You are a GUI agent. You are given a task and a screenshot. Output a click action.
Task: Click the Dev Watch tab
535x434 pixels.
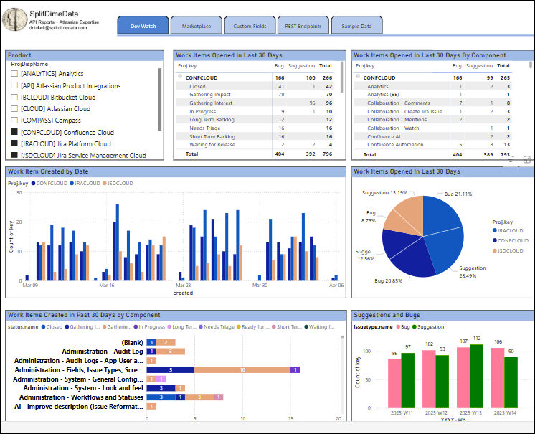tap(143, 26)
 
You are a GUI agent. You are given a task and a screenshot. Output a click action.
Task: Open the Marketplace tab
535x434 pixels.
tap(197, 26)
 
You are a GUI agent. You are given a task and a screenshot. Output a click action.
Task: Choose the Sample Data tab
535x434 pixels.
tap(356, 26)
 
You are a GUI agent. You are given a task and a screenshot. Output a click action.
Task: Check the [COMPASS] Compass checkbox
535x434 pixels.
tap(14, 121)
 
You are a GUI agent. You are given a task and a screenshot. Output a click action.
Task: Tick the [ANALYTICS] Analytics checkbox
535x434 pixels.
tap(14, 74)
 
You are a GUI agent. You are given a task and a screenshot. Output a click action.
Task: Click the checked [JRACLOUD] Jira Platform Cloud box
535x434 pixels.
tap(14, 144)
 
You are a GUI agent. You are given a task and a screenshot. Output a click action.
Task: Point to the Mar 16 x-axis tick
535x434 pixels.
tap(107, 286)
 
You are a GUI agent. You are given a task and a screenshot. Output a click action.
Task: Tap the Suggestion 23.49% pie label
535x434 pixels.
tap(473, 271)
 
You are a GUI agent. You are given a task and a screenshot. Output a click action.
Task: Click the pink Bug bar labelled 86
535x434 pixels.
tap(394, 385)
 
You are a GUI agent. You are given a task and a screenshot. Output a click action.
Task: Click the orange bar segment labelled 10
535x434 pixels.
tap(242, 370)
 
